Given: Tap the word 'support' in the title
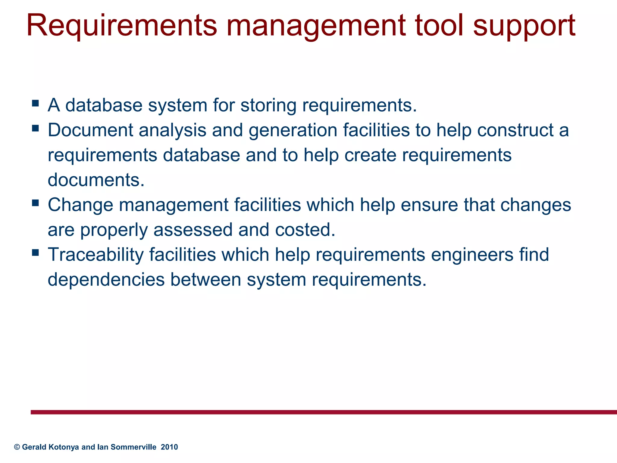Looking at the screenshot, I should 524,27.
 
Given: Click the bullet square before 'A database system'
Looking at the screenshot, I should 35,104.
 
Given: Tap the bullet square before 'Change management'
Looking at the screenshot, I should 35,203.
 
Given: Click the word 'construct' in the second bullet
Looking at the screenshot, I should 515,130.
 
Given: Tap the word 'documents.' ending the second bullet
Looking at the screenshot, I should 96,180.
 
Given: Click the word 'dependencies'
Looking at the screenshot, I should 106,280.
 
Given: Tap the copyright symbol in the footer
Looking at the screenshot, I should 17,447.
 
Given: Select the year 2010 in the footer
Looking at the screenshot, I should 169,447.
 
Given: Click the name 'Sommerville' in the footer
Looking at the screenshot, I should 133,447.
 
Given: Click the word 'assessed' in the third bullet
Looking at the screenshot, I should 193,230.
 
